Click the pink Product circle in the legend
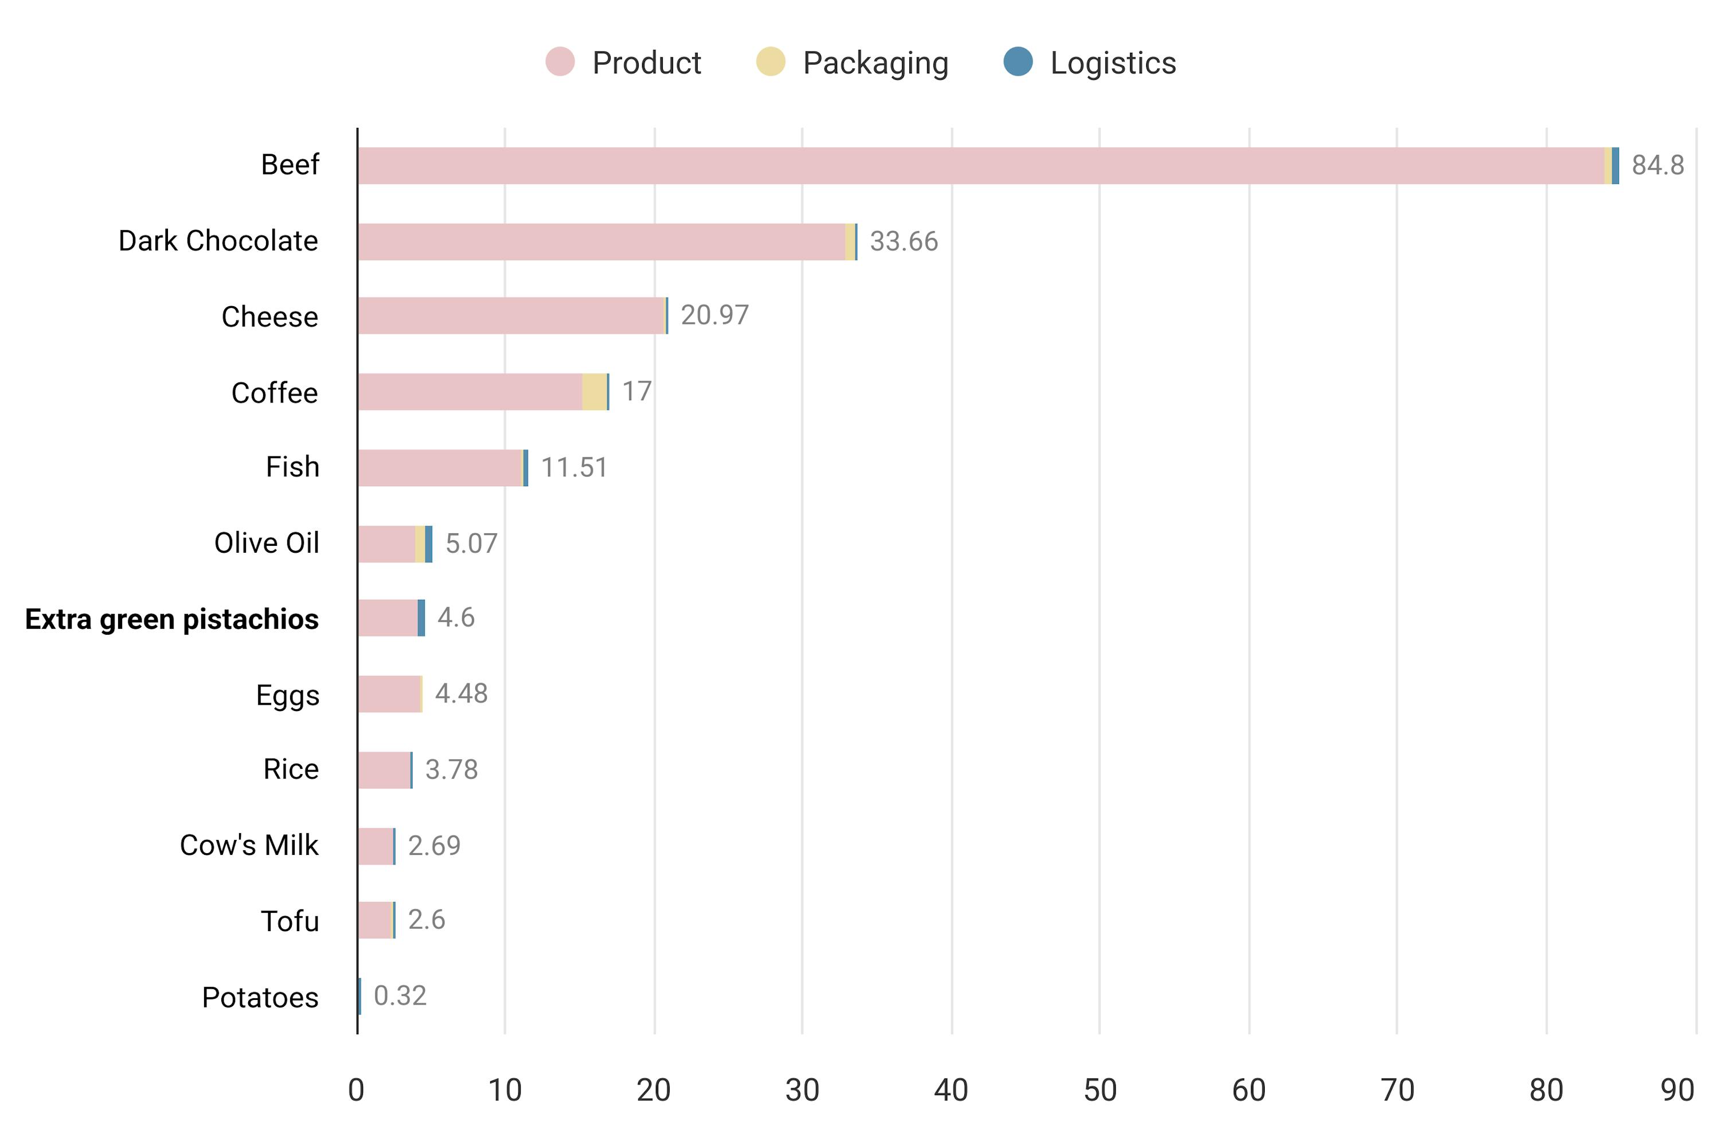point(560,61)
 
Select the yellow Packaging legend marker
point(770,61)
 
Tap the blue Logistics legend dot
point(1018,61)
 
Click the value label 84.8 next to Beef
point(1657,165)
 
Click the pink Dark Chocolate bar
point(599,242)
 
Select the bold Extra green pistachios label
point(171,619)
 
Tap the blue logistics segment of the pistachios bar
point(421,618)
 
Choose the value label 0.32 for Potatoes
point(400,996)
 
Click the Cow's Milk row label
point(249,846)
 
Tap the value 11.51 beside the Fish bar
point(574,467)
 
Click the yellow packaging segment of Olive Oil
point(420,544)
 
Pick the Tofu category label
point(290,921)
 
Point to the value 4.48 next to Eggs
point(460,694)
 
